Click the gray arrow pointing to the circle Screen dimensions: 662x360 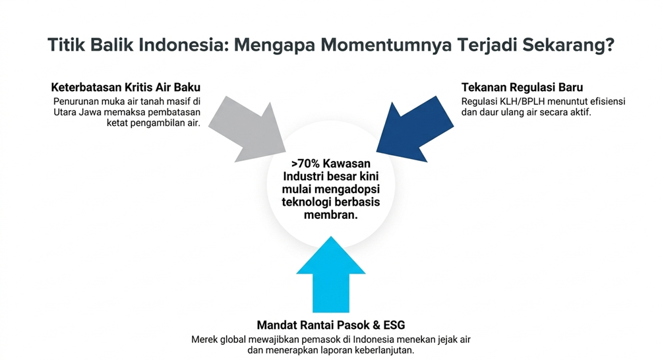[249, 129]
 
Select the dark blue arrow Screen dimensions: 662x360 [414, 129]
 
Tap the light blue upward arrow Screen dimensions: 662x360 [331, 274]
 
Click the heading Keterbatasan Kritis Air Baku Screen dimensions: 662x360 [126, 87]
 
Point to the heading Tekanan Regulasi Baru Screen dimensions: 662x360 [522, 87]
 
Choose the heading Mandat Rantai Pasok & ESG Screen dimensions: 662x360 [331, 325]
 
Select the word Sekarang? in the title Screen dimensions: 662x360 [568, 45]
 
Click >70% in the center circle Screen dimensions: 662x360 [306, 164]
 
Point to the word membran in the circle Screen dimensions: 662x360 [329, 214]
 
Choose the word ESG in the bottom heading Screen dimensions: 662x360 [394, 325]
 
